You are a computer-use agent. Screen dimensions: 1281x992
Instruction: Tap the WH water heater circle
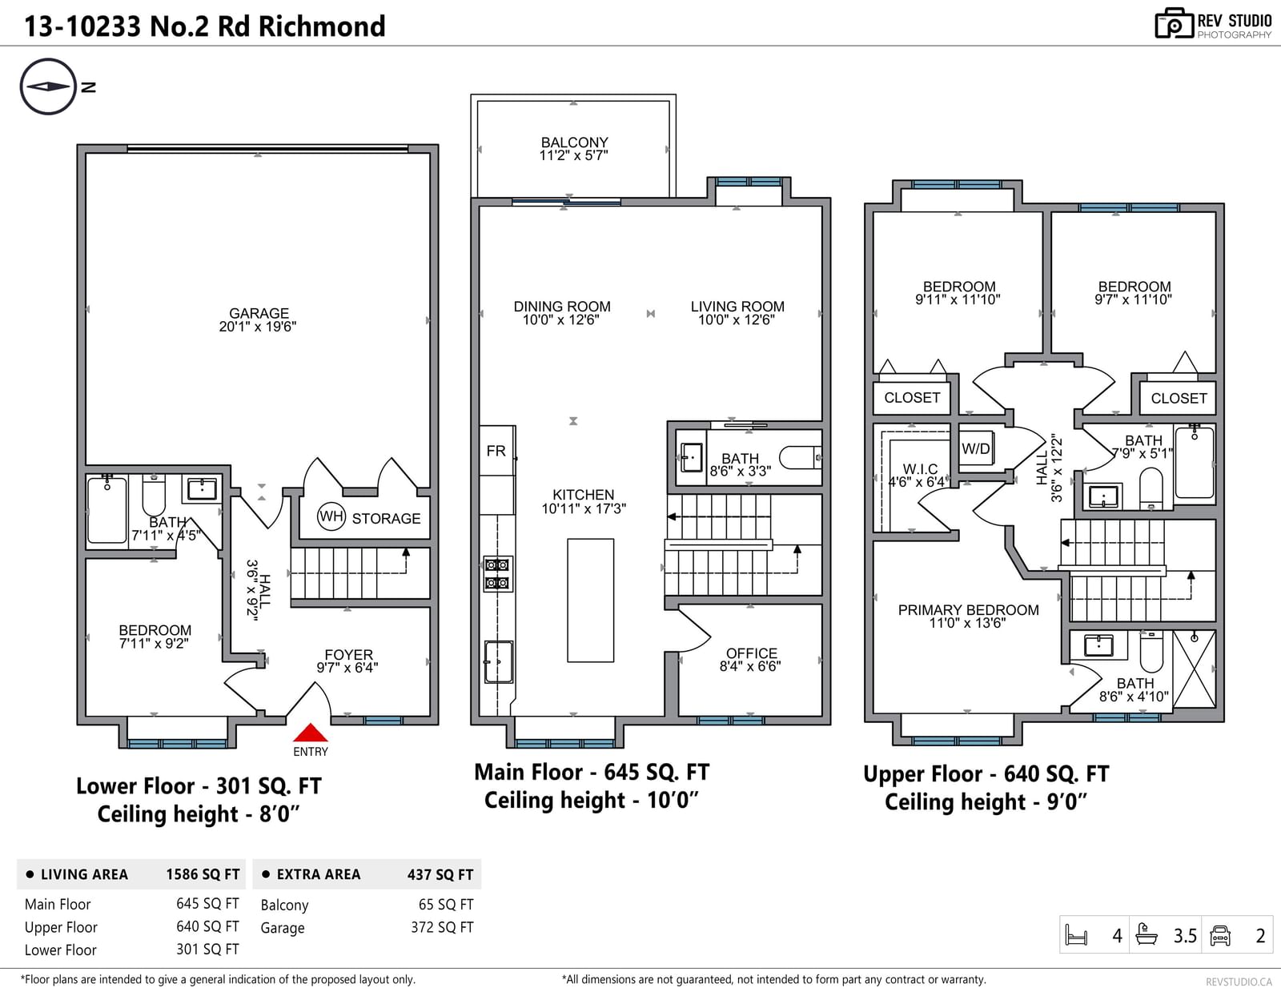click(x=331, y=517)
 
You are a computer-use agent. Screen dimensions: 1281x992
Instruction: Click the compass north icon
click(x=48, y=86)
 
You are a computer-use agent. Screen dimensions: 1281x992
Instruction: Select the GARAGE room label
click(x=259, y=313)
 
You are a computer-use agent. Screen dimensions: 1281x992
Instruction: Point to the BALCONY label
click(x=574, y=143)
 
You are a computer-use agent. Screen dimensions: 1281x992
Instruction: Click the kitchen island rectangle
click(x=590, y=600)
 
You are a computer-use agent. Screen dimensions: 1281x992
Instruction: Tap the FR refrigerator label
click(x=496, y=451)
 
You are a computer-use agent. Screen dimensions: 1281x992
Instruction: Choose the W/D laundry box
click(x=976, y=450)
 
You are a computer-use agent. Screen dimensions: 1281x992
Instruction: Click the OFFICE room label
click(x=752, y=653)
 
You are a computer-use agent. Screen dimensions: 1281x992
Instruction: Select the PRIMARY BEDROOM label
click(x=968, y=610)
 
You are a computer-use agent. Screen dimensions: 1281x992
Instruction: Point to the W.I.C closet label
click(x=920, y=469)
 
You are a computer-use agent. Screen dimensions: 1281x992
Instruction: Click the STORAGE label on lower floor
click(x=386, y=519)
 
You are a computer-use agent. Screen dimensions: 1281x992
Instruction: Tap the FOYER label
click(x=348, y=655)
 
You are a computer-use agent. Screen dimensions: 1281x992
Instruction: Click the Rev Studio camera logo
click(x=1175, y=23)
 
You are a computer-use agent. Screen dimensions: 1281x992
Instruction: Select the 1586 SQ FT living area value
click(x=203, y=874)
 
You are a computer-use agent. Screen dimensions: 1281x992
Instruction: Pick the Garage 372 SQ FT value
click(x=442, y=927)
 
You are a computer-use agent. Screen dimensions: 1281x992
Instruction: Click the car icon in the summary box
click(x=1219, y=935)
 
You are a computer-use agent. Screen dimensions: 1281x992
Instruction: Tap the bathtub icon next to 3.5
click(x=1146, y=934)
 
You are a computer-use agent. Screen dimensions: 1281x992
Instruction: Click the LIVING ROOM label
click(x=737, y=307)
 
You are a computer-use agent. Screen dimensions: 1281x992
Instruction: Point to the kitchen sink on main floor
click(x=499, y=661)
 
